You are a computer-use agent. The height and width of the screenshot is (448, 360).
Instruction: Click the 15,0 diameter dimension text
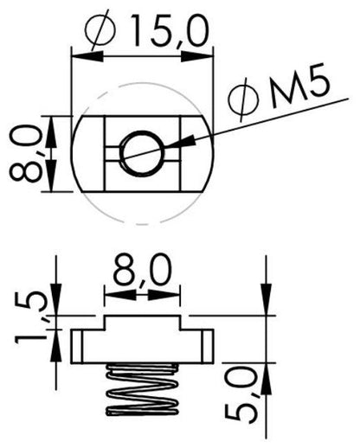pyautogui.click(x=170, y=32)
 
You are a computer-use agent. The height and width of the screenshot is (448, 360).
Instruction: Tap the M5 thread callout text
pyautogui.click(x=299, y=87)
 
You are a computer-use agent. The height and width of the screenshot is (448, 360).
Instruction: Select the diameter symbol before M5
pyautogui.click(x=243, y=99)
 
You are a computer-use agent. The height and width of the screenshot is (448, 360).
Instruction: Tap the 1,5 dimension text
pyautogui.click(x=30, y=317)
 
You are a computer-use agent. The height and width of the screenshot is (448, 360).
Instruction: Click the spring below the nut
pyautogui.click(x=142, y=390)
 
